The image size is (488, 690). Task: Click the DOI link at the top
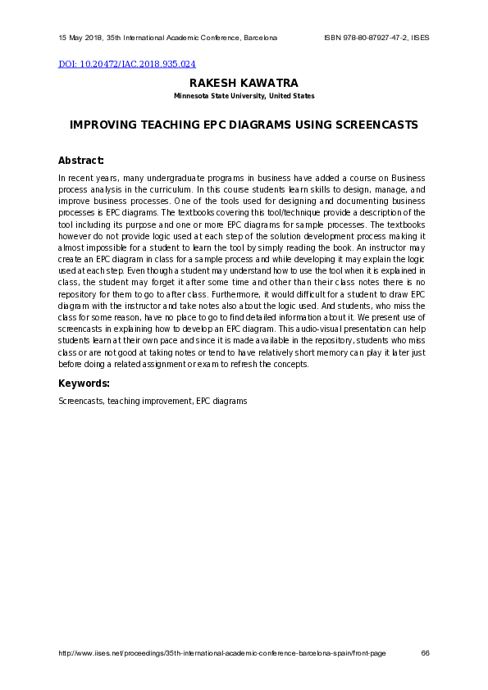(x=126, y=64)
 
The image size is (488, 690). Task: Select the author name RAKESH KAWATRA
(x=244, y=84)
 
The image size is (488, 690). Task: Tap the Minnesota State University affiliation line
(x=244, y=96)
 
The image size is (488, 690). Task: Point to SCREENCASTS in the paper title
(x=373, y=125)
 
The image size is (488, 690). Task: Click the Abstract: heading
(x=81, y=161)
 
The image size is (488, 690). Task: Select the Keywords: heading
(x=84, y=384)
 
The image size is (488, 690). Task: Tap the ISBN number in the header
(x=365, y=38)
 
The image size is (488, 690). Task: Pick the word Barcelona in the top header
(x=259, y=38)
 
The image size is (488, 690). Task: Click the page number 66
(x=425, y=653)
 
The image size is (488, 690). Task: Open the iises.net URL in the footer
(x=222, y=653)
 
